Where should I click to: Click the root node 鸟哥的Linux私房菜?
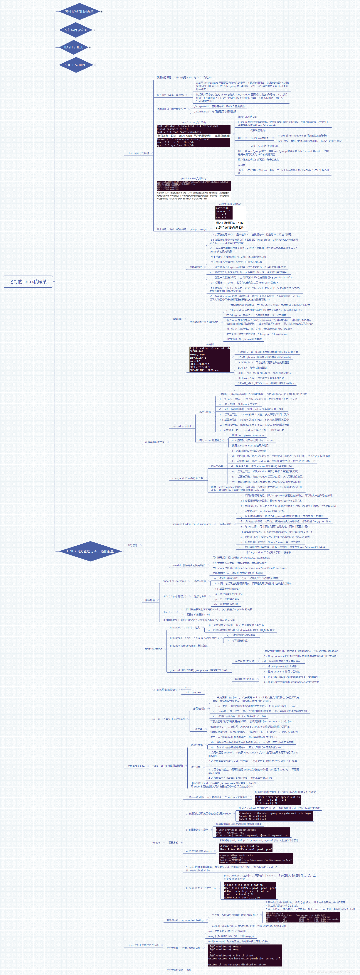click(x=28, y=282)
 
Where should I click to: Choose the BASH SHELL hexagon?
click(x=73, y=47)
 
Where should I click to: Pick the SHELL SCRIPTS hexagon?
click(x=76, y=65)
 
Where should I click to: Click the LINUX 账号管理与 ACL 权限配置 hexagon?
click(x=90, y=551)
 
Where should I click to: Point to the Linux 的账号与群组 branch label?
click(x=138, y=153)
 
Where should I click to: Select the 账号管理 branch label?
click(x=132, y=545)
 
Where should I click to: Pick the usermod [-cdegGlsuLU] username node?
click(x=191, y=524)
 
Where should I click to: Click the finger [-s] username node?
click(x=174, y=581)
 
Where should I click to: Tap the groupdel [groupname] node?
click(x=189, y=646)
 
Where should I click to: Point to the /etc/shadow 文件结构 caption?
click(x=194, y=178)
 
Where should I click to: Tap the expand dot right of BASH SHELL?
click(x=90, y=47)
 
